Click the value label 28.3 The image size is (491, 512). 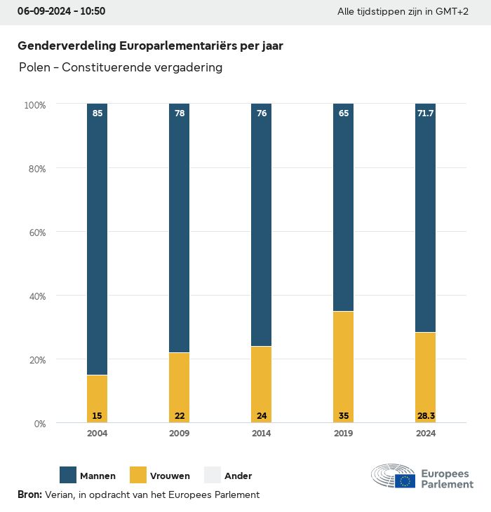click(426, 416)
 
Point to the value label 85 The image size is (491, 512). click(97, 113)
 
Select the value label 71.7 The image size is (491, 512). click(426, 113)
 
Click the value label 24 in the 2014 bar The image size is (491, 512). click(262, 416)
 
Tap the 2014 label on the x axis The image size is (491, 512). click(262, 434)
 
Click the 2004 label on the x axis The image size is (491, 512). click(97, 434)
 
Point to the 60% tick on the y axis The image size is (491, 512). click(36, 233)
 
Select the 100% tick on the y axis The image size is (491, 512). click(34, 105)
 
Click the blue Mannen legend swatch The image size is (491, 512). click(68, 476)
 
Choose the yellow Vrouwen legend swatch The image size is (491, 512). click(138, 476)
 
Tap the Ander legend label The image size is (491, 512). click(238, 476)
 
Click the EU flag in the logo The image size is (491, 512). click(405, 480)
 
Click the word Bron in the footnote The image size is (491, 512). click(29, 494)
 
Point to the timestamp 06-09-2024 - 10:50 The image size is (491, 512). click(61, 12)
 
